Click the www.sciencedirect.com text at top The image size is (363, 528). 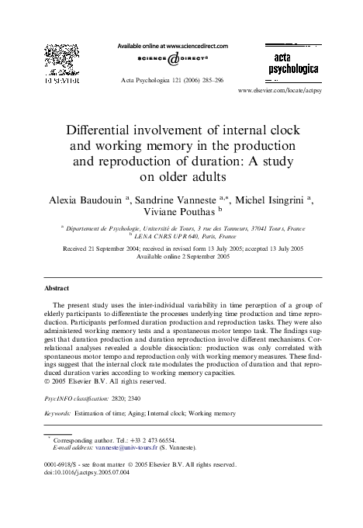coord(197,46)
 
